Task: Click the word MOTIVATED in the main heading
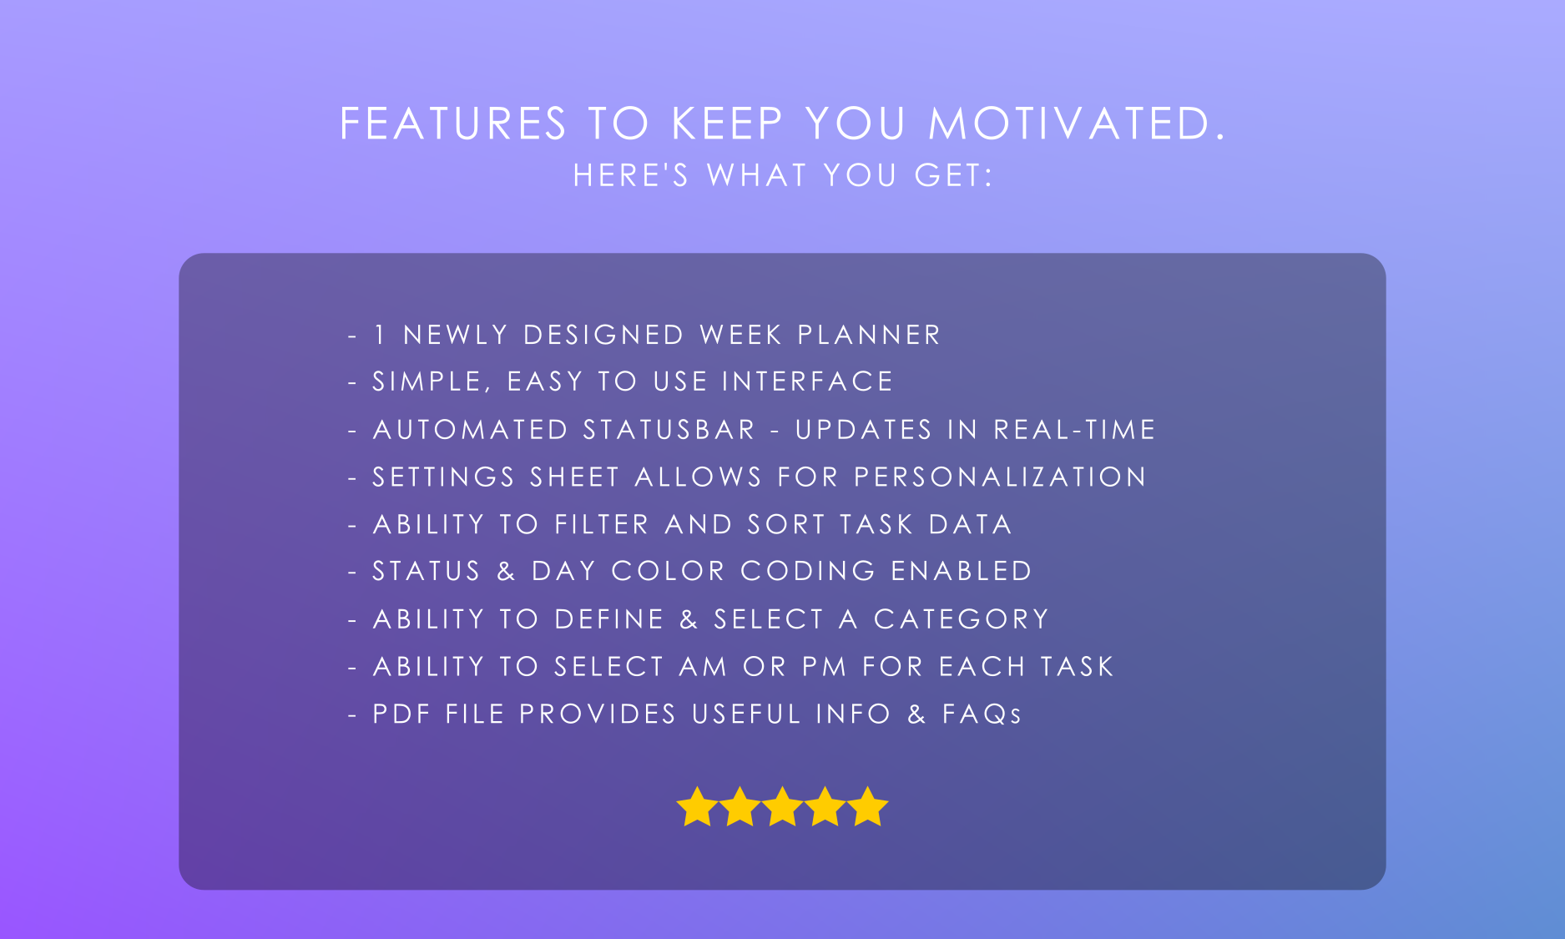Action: tap(1077, 124)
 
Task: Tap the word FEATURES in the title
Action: tap(453, 124)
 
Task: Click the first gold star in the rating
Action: tap(697, 807)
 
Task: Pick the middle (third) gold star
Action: tap(782, 807)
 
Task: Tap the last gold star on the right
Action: tap(868, 807)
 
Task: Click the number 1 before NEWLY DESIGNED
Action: tap(380, 335)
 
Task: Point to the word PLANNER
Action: tap(869, 335)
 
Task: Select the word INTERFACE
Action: tap(808, 381)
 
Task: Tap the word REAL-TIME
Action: tap(1074, 430)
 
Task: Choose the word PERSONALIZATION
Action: tap(1000, 477)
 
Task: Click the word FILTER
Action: tap(602, 524)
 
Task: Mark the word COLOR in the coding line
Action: tap(668, 571)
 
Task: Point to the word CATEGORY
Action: tap(961, 619)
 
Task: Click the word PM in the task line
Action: tap(825, 667)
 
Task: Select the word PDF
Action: tap(401, 714)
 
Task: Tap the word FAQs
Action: tap(982, 714)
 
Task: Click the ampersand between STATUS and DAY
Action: tap(506, 571)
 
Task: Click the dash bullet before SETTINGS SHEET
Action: tap(352, 478)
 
